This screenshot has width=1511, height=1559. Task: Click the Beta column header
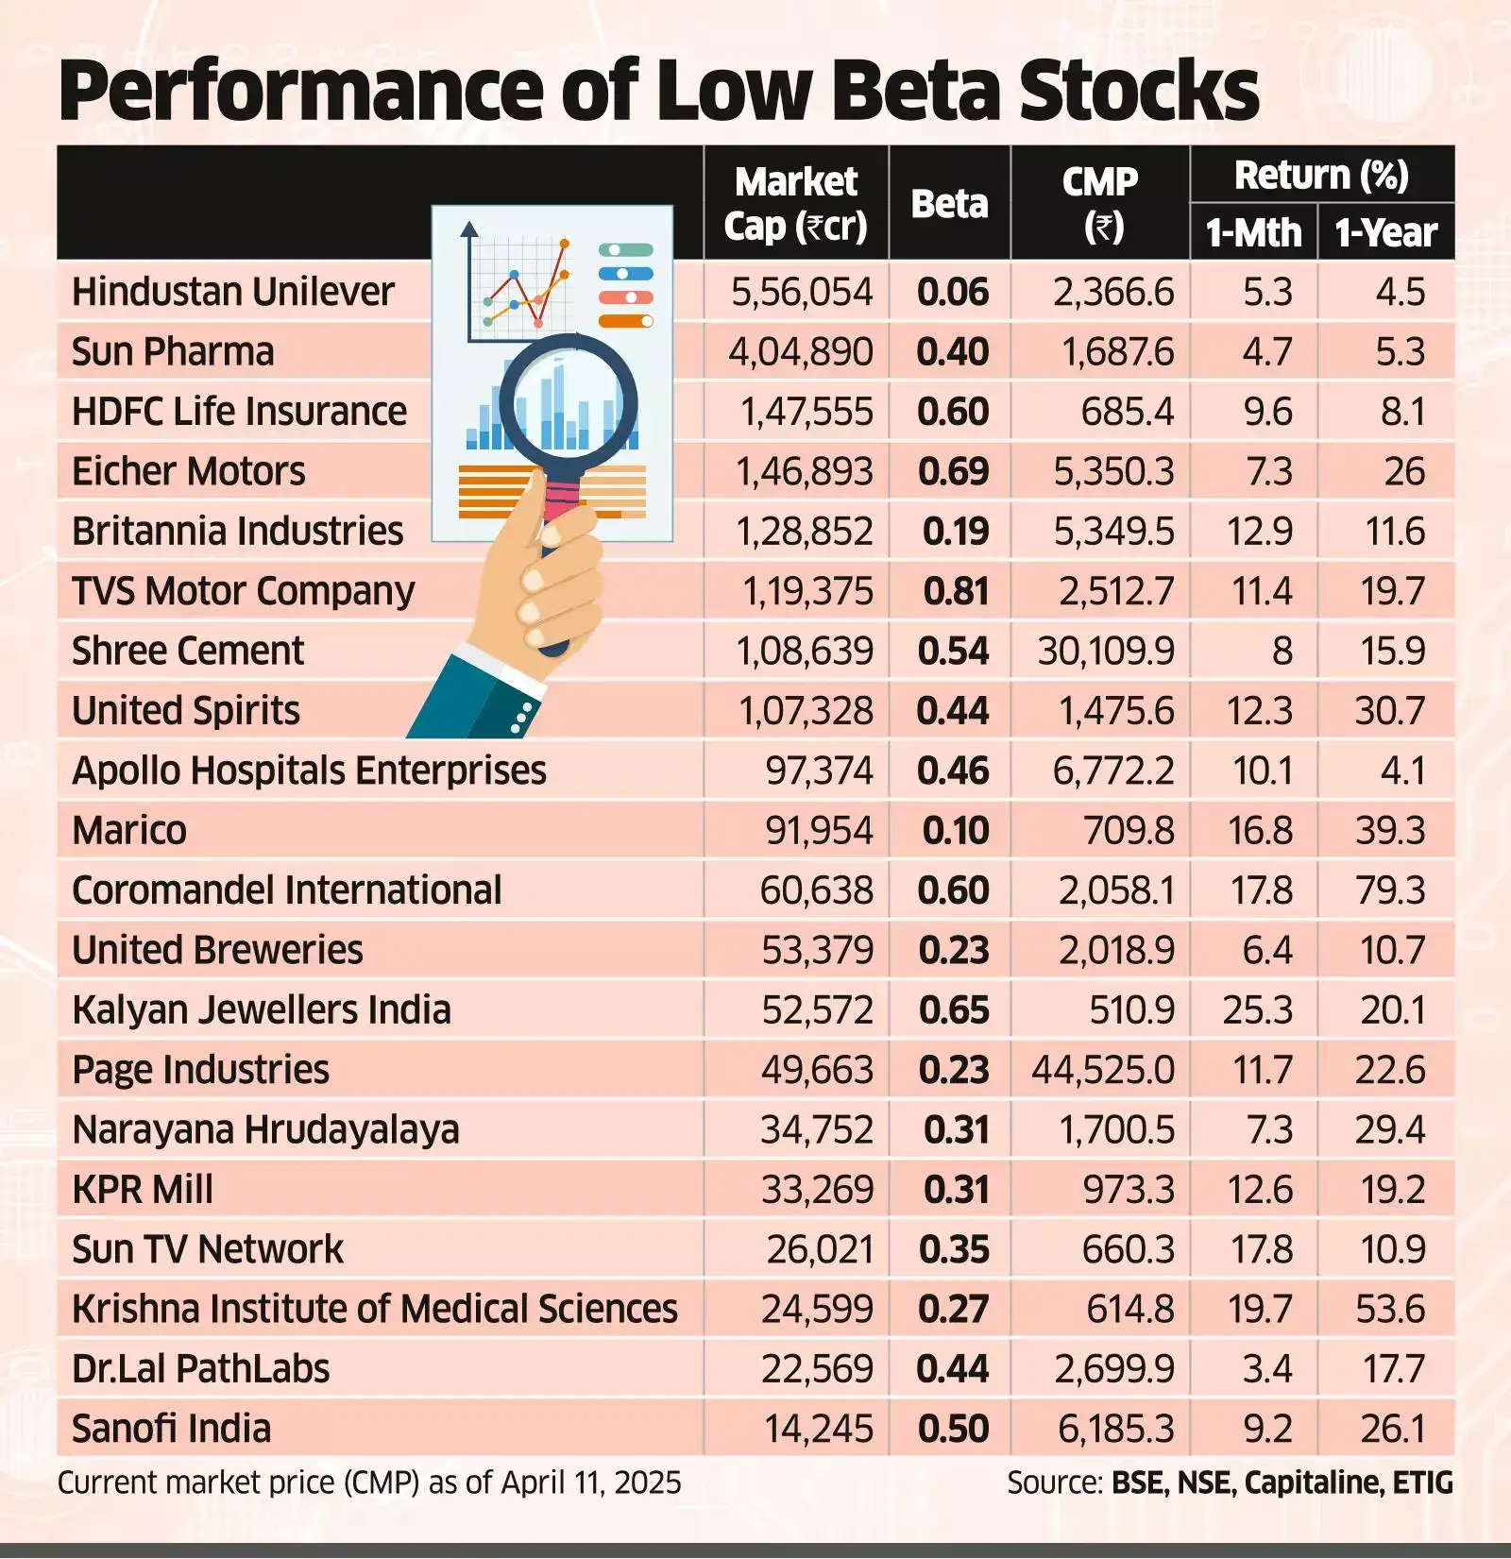coord(949,203)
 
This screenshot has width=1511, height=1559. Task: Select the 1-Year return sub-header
coord(1385,232)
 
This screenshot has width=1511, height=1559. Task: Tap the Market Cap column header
coord(796,203)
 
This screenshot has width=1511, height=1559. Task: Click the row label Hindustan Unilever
coord(232,292)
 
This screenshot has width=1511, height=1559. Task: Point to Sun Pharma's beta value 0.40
coord(952,352)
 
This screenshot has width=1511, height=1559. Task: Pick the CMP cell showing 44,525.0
coord(1102,1070)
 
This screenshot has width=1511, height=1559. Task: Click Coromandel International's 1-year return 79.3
coord(1389,890)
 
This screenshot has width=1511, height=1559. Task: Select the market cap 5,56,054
coord(802,292)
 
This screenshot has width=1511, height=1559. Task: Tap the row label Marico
coord(129,831)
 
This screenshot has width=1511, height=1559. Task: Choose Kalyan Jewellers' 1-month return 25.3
coord(1257,1010)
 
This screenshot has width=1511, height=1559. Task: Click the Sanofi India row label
coord(171,1429)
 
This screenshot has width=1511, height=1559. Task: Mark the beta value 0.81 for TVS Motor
coord(956,591)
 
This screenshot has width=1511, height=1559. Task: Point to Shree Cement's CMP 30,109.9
coord(1105,651)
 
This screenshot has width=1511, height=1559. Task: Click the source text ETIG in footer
coord(1422,1483)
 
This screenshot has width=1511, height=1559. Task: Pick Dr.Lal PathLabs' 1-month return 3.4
coord(1266,1369)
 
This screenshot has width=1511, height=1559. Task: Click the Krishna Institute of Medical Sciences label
coord(374,1309)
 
